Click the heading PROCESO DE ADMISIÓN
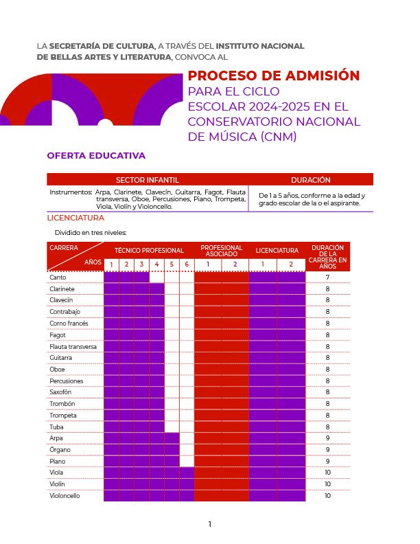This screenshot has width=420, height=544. pos(274,76)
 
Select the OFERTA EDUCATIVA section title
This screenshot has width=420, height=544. pos(96,156)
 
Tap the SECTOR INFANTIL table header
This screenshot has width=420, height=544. pos(147,180)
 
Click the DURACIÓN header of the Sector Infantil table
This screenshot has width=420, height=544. pos(310,180)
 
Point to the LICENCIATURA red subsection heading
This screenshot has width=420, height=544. pos(75,218)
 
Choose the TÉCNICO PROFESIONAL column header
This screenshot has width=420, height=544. pos(149,251)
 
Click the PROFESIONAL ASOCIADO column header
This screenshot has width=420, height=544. pos(221,251)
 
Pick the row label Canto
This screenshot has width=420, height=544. pos(58,277)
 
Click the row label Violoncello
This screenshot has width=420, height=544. pos(65,495)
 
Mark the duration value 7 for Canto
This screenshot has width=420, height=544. pos(327,277)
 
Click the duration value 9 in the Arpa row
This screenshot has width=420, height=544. pos(327,438)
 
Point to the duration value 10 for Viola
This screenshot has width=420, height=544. pos(327,473)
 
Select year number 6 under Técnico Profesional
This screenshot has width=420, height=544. pos(186,264)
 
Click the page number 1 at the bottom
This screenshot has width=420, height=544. pos(210,524)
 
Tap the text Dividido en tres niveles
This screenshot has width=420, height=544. pos(91,232)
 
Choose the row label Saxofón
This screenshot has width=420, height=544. pos(61,392)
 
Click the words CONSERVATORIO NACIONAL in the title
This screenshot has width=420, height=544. pos(274,122)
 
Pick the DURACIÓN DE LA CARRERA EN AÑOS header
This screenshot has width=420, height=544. pos(327,256)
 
